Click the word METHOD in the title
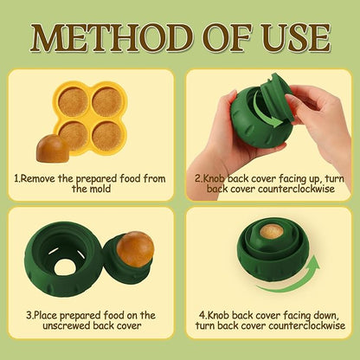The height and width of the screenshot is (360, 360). (111, 37)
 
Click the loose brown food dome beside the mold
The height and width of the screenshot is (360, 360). (52, 148)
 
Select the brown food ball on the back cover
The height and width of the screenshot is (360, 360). (135, 249)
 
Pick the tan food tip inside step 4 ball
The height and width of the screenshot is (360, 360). (271, 231)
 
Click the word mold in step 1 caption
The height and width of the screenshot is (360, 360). (100, 190)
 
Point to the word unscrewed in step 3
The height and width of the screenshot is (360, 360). (67, 326)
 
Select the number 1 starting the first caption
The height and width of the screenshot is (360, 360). (16, 179)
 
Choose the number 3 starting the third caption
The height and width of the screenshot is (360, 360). (29, 315)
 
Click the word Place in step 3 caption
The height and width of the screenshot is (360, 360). (46, 315)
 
